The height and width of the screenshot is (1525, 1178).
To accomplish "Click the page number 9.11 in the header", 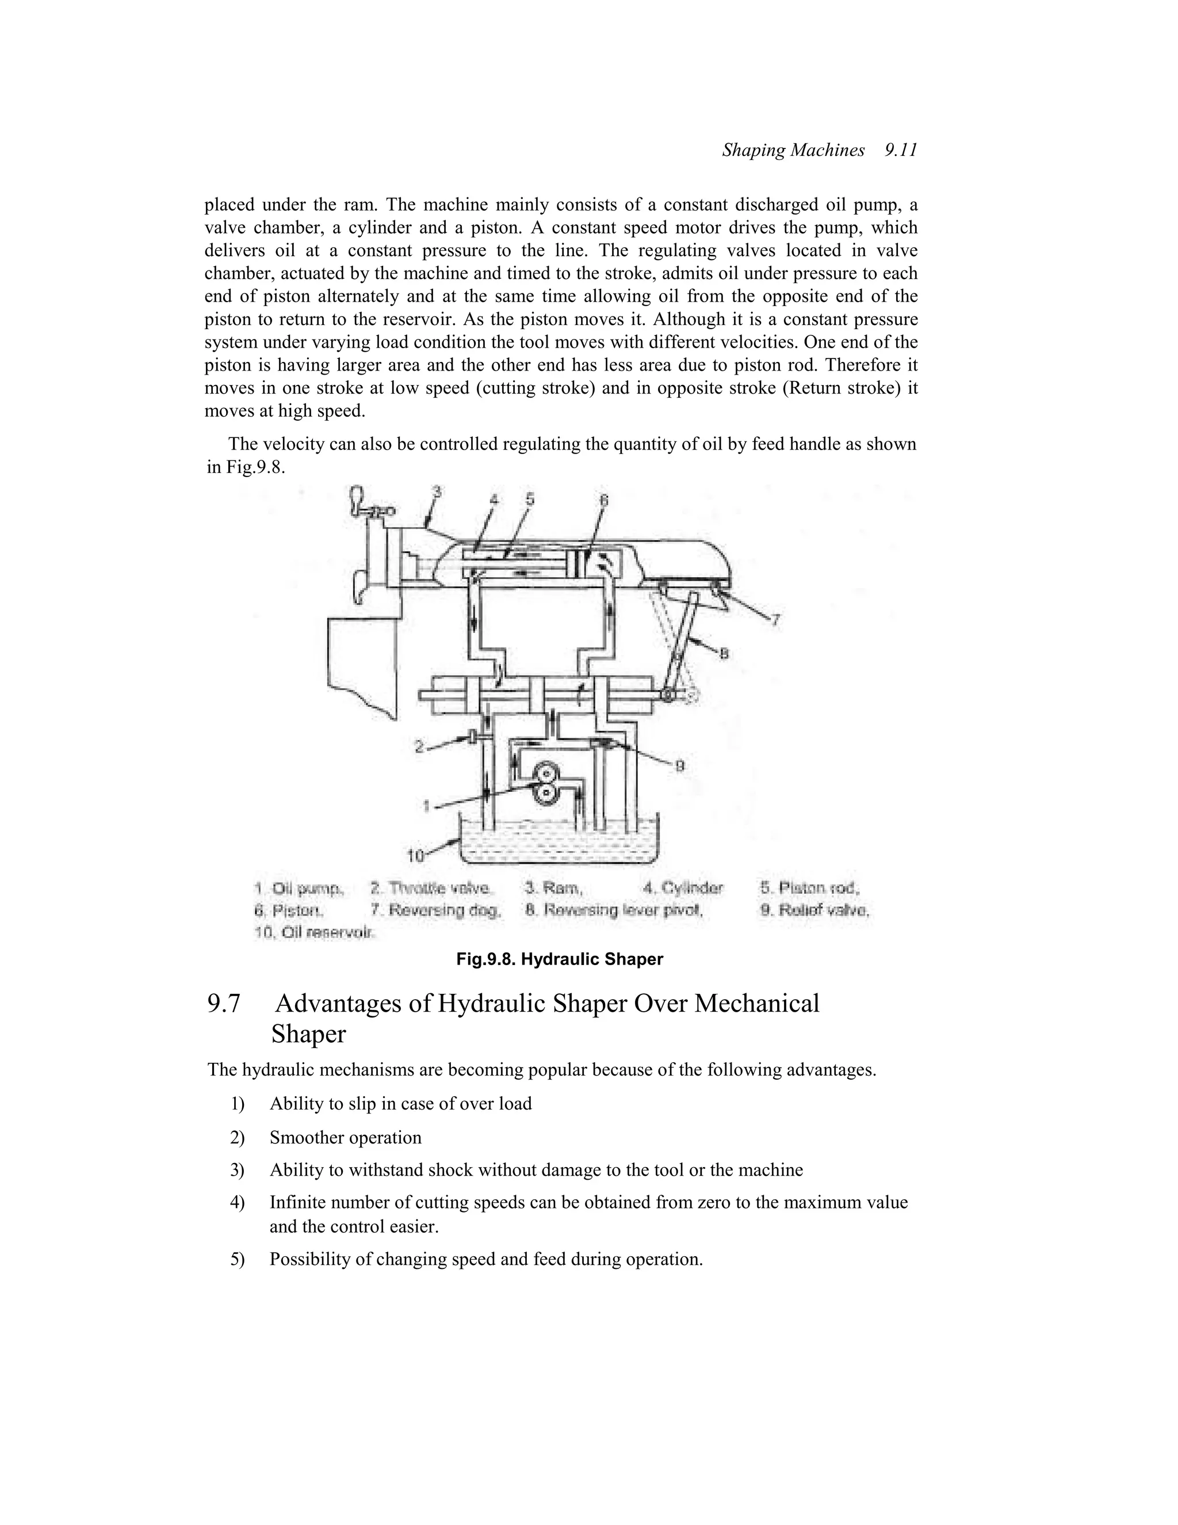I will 900,150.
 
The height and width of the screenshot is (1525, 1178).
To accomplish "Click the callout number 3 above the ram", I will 437,492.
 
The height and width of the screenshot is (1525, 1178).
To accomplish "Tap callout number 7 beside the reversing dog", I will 775,619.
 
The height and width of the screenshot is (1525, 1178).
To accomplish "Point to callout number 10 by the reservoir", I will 415,855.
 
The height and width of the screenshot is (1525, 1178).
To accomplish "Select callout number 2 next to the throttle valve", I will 419,746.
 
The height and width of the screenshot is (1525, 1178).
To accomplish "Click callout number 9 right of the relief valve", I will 680,766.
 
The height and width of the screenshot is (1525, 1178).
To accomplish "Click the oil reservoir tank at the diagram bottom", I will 559,845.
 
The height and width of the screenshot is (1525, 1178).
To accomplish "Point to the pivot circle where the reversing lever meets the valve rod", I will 668,696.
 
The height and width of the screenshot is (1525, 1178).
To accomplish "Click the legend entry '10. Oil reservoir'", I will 315,933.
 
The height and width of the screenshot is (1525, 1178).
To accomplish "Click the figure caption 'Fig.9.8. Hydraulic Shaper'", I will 560,959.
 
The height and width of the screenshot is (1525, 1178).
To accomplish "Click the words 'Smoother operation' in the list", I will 346,1138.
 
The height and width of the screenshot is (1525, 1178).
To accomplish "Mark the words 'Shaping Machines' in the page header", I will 793,150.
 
